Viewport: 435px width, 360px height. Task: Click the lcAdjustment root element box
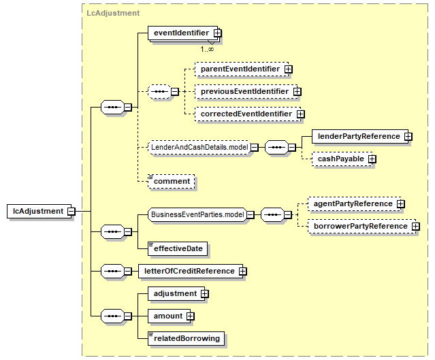(x=39, y=212)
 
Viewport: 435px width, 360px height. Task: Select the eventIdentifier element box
(x=183, y=33)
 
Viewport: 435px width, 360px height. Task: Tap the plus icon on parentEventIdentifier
(x=289, y=69)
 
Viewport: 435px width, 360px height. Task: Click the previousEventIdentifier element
(x=246, y=91)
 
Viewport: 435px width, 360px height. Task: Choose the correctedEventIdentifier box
(x=248, y=114)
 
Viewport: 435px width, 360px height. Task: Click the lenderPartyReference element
(x=360, y=137)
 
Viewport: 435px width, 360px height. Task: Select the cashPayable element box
(x=342, y=159)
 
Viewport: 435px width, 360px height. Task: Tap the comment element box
(x=171, y=182)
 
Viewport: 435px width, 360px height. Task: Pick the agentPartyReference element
(x=355, y=204)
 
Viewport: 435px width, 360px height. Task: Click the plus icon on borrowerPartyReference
(x=415, y=227)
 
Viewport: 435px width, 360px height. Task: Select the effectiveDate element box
(x=178, y=249)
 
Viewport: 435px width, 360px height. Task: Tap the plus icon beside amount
(x=191, y=316)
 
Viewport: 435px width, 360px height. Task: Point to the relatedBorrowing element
(x=186, y=339)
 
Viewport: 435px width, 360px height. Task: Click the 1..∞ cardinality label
(x=207, y=50)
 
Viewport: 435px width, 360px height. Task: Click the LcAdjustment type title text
(x=113, y=13)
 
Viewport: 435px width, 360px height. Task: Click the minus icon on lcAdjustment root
(x=71, y=212)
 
